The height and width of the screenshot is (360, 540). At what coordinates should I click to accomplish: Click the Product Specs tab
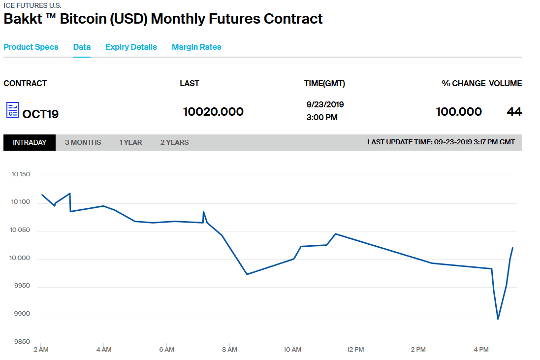coord(31,47)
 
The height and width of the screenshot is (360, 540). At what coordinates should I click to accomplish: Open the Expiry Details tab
coord(131,47)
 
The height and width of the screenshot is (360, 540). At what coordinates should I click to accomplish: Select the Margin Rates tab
coord(196,47)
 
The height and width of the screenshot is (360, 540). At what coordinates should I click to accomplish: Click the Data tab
coord(82,47)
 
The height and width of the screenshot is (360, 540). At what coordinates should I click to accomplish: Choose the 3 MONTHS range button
coord(83,142)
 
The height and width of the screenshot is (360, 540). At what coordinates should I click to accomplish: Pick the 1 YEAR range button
coord(130,142)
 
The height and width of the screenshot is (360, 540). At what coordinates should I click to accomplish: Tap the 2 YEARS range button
coord(174,142)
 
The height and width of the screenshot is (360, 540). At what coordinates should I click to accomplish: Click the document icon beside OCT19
coord(12,110)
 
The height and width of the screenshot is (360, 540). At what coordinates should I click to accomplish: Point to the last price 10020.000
coord(213,112)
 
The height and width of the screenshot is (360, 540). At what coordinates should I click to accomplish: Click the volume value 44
coord(514,112)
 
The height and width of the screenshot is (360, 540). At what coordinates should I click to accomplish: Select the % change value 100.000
coord(459,112)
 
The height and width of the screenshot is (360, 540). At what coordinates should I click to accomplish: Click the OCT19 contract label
coord(40,114)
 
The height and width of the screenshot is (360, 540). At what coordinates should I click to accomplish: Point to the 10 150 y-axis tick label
coord(20,174)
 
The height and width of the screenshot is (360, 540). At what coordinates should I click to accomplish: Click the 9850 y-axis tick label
coord(22,342)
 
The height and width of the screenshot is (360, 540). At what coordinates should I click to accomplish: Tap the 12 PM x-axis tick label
coord(355,350)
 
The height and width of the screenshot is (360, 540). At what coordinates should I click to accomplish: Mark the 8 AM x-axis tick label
coord(229,350)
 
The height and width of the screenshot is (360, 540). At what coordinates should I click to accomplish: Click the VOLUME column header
coord(505,84)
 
